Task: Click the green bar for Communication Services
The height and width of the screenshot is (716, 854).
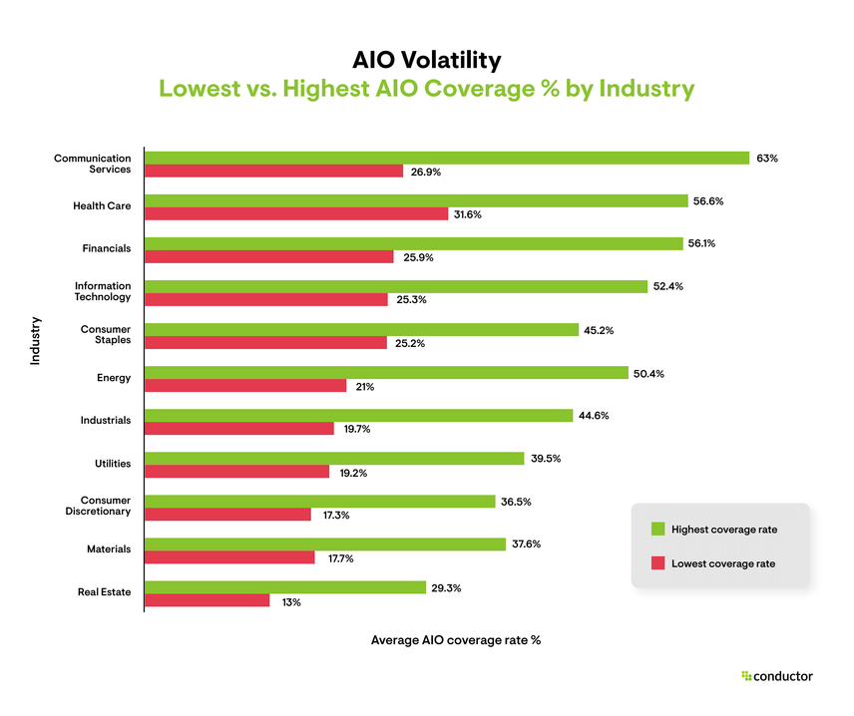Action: pyautogui.click(x=447, y=158)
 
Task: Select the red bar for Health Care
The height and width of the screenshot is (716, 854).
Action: pyautogui.click(x=296, y=214)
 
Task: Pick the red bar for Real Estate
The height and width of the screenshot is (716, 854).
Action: pyautogui.click(x=208, y=601)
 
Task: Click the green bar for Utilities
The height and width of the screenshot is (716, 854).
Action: pyautogui.click(x=334, y=459)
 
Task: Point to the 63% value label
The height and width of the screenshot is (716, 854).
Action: pyautogui.click(x=767, y=158)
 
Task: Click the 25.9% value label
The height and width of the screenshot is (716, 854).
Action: pyautogui.click(x=417, y=257)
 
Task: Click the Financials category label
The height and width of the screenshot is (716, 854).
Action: pyautogui.click(x=106, y=248)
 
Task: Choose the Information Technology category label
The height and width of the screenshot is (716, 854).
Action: pyautogui.click(x=103, y=291)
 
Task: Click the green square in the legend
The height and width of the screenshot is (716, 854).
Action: pyautogui.click(x=657, y=530)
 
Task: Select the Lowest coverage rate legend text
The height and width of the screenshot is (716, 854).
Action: pyautogui.click(x=723, y=564)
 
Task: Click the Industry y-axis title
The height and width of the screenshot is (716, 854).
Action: pyautogui.click(x=35, y=340)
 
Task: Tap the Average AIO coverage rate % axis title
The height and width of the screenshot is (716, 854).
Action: pyautogui.click(x=455, y=640)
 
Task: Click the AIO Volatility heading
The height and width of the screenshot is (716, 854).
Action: pyautogui.click(x=426, y=59)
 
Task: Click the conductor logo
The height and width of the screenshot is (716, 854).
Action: pyautogui.click(x=777, y=676)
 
